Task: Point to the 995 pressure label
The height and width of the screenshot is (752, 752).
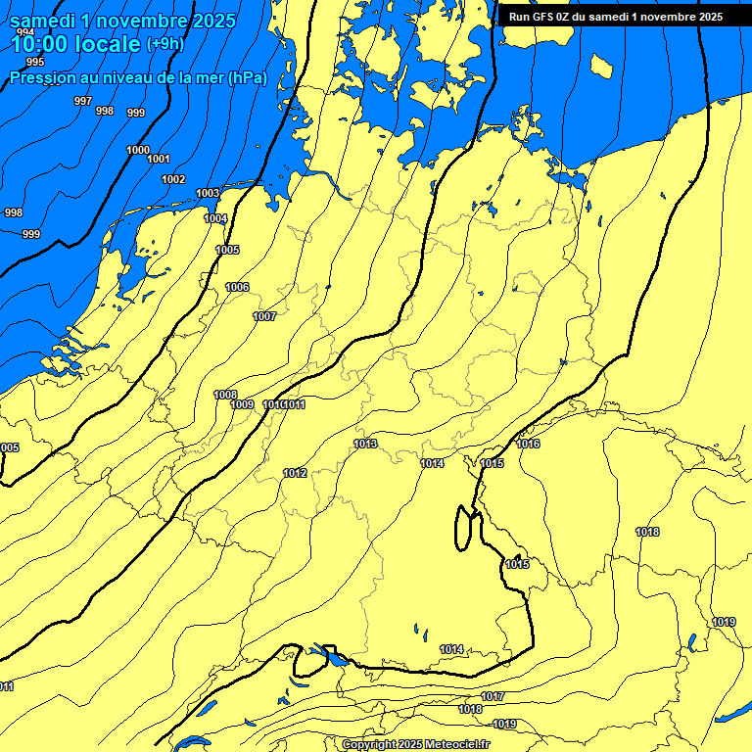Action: point(35,62)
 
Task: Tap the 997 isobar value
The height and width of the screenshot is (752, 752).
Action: point(83,102)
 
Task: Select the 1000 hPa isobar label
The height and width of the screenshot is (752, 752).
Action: point(138,150)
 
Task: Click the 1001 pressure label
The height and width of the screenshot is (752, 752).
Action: point(159,160)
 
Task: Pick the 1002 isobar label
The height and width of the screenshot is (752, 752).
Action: point(173,179)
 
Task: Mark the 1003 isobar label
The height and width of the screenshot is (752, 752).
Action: point(208,193)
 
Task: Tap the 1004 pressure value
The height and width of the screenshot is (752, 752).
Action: point(215,218)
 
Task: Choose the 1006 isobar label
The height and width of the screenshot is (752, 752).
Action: point(237,287)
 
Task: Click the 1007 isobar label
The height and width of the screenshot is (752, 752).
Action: point(264,316)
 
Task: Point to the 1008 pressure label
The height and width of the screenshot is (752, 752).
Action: point(225,395)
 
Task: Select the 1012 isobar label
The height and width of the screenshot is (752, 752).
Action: point(295,473)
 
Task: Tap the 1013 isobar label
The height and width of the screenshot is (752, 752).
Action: point(365,444)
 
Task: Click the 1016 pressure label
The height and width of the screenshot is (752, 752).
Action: point(528,444)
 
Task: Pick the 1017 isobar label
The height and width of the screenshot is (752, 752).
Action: point(493,696)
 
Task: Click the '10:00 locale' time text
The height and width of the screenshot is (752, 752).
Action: point(75,43)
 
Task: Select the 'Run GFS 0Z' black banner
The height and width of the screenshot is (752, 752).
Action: point(615,17)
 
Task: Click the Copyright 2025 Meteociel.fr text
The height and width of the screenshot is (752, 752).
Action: point(416,744)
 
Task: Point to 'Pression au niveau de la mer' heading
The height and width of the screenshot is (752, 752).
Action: point(138,77)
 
